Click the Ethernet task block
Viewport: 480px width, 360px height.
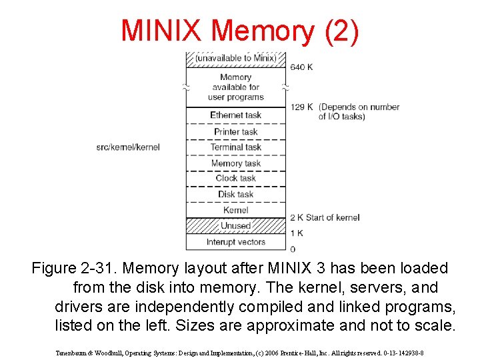point(235,115)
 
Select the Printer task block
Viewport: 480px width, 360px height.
point(235,131)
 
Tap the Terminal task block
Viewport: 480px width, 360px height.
point(235,147)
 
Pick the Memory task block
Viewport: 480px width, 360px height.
point(235,163)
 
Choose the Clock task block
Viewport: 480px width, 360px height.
point(235,179)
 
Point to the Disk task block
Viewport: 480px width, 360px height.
point(235,195)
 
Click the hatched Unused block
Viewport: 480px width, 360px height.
point(235,226)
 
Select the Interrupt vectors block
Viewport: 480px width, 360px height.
point(235,242)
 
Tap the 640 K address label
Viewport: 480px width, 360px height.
point(302,67)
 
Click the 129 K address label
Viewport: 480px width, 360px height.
point(302,107)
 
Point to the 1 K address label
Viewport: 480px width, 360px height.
point(297,233)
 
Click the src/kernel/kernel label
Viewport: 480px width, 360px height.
point(128,147)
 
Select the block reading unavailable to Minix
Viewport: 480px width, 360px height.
point(235,59)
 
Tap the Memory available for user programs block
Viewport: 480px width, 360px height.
point(235,87)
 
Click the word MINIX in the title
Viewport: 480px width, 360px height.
point(161,31)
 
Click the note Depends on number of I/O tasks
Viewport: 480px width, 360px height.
point(359,111)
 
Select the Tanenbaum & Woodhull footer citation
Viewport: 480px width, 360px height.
point(240,353)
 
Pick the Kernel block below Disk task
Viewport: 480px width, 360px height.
point(235,210)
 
